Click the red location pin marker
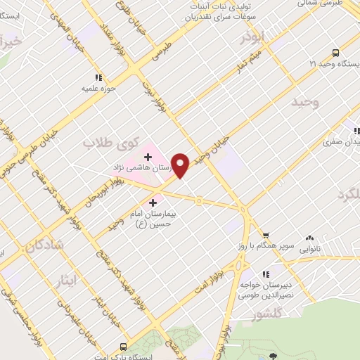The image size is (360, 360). (x=181, y=165)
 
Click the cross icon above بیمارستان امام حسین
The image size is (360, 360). (x=153, y=202)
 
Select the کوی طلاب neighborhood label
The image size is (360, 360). (x=112, y=143)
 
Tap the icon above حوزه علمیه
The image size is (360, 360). (x=98, y=78)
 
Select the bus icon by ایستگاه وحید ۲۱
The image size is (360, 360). (x=335, y=53)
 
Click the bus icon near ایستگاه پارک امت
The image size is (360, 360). (x=123, y=347)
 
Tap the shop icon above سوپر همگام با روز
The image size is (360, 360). (x=266, y=236)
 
